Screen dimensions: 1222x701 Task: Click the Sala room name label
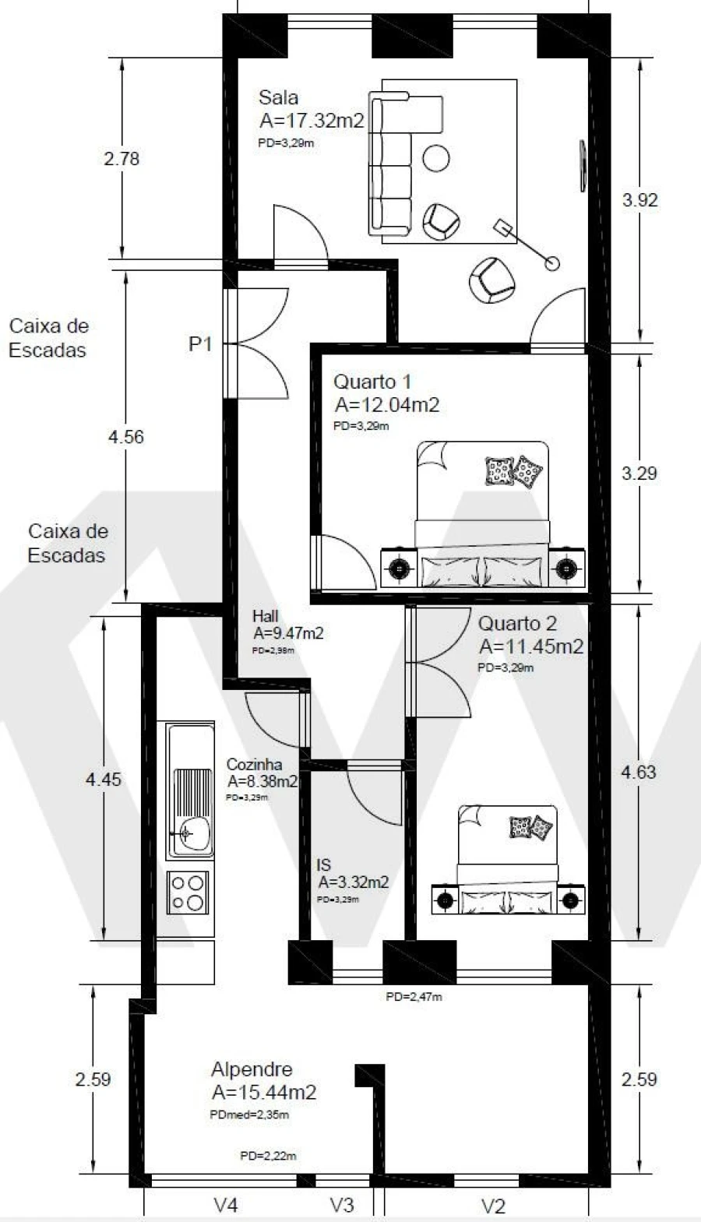click(x=278, y=98)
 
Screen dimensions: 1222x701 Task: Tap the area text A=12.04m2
click(x=387, y=405)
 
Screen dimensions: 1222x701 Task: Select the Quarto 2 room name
click(x=517, y=624)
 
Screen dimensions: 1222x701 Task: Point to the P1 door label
click(x=200, y=343)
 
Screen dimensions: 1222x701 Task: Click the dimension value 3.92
click(x=639, y=200)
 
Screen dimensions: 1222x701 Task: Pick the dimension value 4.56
click(x=125, y=437)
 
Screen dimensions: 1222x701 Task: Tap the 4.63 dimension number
click(x=638, y=772)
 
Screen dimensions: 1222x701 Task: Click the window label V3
click(x=342, y=1205)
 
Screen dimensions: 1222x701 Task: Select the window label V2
click(x=493, y=1206)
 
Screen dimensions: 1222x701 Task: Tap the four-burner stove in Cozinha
click(x=188, y=893)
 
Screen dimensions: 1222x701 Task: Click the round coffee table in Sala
click(x=436, y=158)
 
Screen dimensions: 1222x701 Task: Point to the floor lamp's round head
click(x=552, y=263)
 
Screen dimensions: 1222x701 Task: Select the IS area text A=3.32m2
click(x=353, y=882)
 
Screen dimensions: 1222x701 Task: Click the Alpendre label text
click(x=252, y=1069)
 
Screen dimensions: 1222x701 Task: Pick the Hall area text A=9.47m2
click(x=287, y=633)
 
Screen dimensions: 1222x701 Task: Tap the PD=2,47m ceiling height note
click(x=414, y=996)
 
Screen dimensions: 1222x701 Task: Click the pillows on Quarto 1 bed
click(x=514, y=471)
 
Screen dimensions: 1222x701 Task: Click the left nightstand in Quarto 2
click(x=445, y=900)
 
